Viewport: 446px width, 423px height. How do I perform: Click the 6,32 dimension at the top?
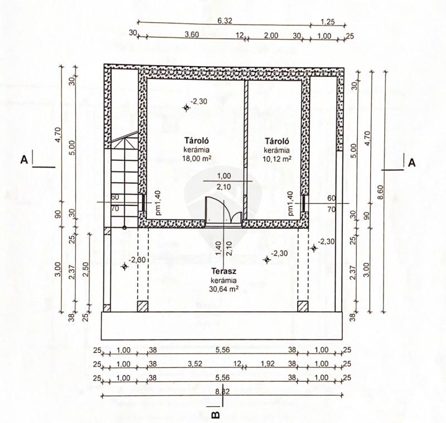point(225,21)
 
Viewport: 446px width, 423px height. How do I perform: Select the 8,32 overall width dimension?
point(222,392)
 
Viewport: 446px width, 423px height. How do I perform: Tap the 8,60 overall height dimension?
point(381,192)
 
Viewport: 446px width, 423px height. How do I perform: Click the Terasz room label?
point(224,272)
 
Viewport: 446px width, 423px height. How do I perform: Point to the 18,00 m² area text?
point(197,159)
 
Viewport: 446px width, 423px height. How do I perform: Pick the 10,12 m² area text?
point(277,159)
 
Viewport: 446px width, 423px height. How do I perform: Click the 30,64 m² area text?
point(224,289)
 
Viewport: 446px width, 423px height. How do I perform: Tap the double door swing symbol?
point(224,209)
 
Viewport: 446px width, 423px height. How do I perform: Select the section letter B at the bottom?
point(216,415)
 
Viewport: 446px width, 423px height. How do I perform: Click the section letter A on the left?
point(24,160)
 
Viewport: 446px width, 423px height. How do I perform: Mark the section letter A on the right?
point(411,163)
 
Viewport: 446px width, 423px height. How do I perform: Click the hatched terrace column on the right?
point(303,306)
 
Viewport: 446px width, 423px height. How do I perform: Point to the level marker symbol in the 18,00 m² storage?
point(186,107)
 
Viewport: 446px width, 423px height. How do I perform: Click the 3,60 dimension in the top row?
point(192,35)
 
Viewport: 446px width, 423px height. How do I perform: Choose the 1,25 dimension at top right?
point(328,22)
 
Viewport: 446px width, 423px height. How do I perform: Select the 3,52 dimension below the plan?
point(195,363)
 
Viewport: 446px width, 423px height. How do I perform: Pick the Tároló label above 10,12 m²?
point(277,141)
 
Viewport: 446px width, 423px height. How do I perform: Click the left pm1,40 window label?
point(158,203)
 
